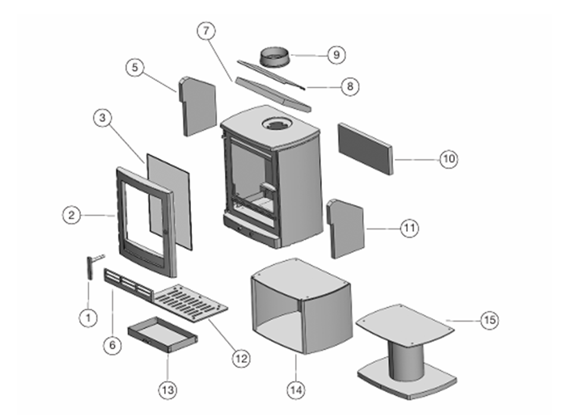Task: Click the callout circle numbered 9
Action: (336, 55)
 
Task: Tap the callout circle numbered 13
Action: (168, 390)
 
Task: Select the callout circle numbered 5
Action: (135, 68)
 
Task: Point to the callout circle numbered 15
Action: (489, 320)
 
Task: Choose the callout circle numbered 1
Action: (88, 317)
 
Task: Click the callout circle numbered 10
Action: (448, 159)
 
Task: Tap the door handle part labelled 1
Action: (90, 267)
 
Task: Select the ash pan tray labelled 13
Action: (162, 337)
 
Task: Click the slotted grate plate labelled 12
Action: (191, 303)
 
